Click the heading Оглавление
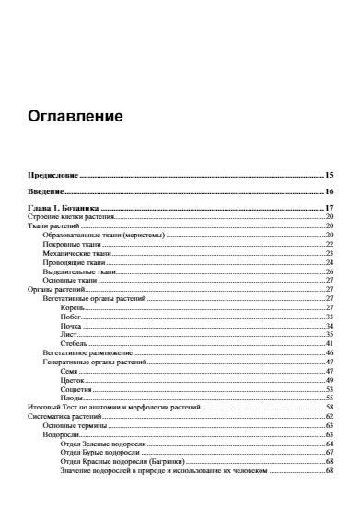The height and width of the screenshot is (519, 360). click(x=75, y=118)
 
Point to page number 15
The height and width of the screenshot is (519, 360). click(x=329, y=174)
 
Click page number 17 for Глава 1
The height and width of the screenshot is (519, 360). click(x=329, y=209)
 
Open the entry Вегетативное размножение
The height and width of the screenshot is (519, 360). click(x=88, y=352)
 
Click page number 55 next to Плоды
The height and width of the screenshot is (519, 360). click(x=329, y=398)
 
